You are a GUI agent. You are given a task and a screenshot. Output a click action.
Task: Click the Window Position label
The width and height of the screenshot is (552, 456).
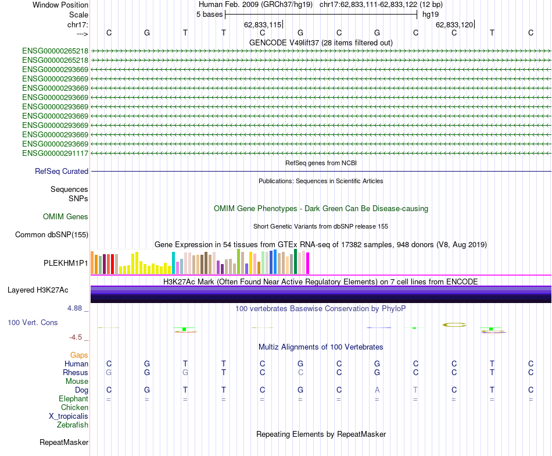(x=60, y=5)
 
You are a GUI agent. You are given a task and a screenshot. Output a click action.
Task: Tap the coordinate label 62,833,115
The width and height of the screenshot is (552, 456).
(x=263, y=24)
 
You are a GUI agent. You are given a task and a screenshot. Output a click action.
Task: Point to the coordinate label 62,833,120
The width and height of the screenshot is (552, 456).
(x=454, y=24)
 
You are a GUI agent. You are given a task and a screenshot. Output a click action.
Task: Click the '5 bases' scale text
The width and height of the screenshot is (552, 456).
(x=209, y=14)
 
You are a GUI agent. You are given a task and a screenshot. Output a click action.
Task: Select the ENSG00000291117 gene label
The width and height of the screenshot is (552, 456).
(x=55, y=153)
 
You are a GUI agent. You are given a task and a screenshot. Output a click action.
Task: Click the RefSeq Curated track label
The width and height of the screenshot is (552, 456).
(x=62, y=172)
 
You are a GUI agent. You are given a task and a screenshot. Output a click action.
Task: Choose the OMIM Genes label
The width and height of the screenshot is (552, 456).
(x=66, y=217)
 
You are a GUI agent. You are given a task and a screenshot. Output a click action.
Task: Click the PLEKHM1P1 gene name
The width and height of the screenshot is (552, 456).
(x=66, y=263)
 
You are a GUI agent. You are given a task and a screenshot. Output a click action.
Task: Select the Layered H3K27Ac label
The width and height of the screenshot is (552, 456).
(x=38, y=290)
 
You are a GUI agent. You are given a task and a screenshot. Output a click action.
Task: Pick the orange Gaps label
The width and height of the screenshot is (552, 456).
(x=79, y=355)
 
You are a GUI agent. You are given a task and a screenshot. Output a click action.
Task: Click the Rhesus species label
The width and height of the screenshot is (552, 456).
(x=76, y=373)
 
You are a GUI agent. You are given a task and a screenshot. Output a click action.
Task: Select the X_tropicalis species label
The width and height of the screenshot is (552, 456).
(x=69, y=416)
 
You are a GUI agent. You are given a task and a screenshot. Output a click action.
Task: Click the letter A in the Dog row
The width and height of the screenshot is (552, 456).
(x=377, y=390)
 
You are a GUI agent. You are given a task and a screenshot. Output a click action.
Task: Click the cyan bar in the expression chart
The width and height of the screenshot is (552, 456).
(x=173, y=263)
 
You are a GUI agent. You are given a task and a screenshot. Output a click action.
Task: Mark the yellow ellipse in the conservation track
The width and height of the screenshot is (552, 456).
(x=454, y=325)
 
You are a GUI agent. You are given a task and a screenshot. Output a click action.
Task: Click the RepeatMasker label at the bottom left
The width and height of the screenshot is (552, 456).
(x=64, y=443)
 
